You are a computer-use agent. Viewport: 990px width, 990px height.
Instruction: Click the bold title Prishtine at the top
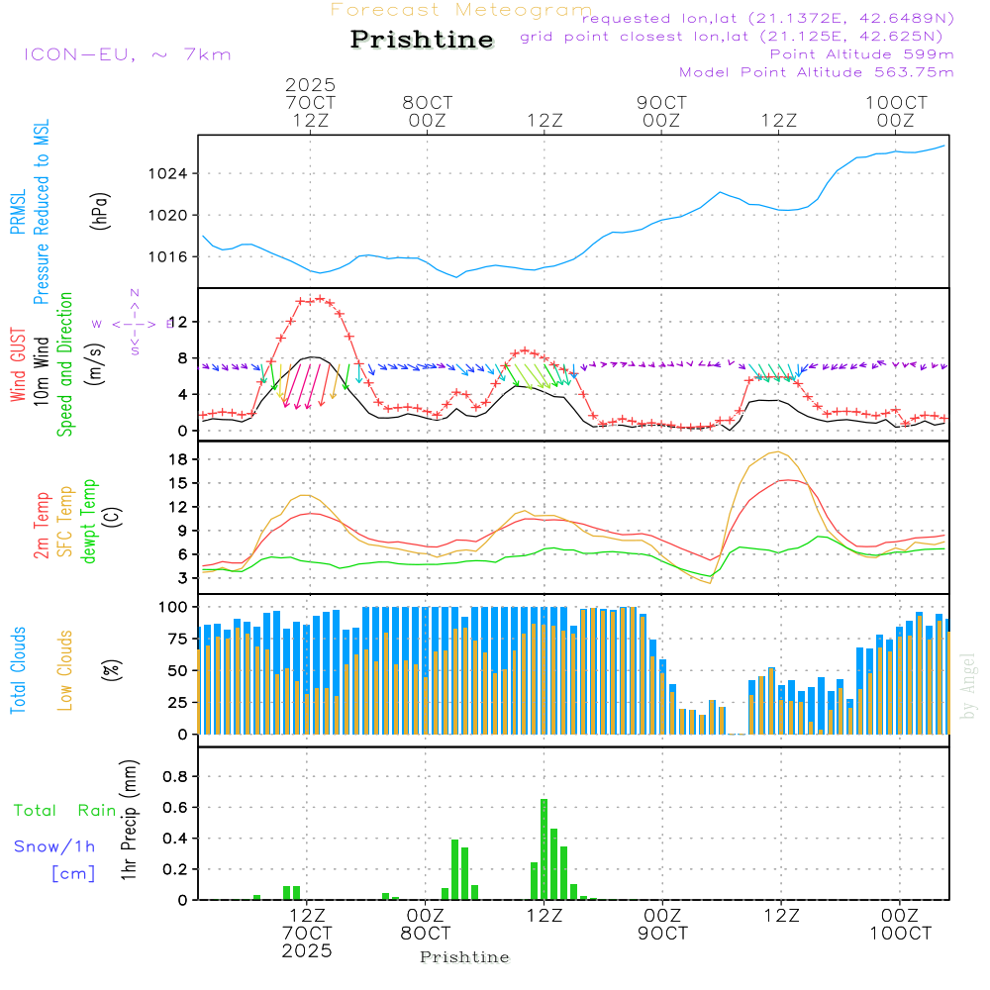[422, 40]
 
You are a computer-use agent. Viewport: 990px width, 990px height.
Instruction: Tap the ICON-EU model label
[127, 54]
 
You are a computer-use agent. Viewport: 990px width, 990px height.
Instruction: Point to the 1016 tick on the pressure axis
[174, 257]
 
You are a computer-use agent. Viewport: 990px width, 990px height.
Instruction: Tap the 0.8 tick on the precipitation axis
[176, 776]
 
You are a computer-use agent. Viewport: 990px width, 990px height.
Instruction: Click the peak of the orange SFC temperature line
[779, 452]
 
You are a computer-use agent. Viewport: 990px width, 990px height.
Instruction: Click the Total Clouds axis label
[18, 670]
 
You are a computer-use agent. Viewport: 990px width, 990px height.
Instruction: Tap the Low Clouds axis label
[65, 670]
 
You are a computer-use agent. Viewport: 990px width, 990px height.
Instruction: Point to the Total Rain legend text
[64, 811]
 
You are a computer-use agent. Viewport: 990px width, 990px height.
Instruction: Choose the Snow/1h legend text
[54, 846]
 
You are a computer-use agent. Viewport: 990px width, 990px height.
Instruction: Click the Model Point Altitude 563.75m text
[816, 72]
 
